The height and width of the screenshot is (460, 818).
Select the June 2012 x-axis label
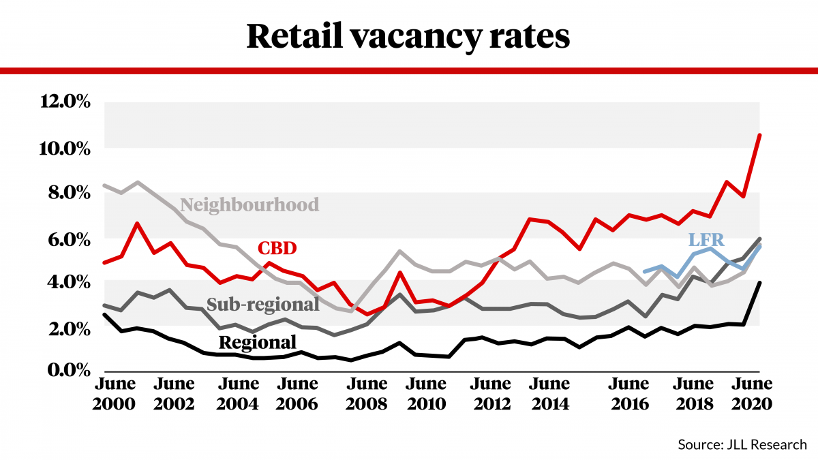point(491,393)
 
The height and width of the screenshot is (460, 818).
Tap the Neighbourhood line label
point(249,204)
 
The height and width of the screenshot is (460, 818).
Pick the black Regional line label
point(257,341)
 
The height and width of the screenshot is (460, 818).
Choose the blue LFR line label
point(706,239)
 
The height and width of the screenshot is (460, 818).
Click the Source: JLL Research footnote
point(742,444)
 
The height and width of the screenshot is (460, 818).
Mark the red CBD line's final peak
point(759,135)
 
